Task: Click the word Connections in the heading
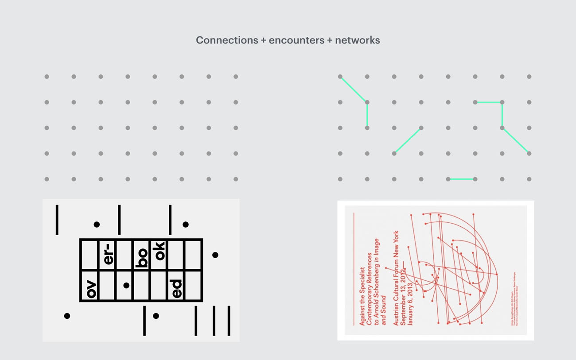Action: coord(227,40)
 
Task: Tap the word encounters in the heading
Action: coord(296,40)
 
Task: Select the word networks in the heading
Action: coord(357,40)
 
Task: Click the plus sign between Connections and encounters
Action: coord(263,40)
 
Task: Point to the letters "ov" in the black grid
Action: coord(91,288)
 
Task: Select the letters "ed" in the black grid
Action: coord(176,288)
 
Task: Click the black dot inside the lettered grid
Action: coord(126,286)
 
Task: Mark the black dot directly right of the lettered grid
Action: coord(215,255)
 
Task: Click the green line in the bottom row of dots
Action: coord(461,179)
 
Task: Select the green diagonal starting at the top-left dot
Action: coord(353,89)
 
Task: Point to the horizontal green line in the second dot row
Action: coord(488,102)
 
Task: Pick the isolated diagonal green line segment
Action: coord(407,141)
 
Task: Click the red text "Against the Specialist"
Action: coord(362,296)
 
